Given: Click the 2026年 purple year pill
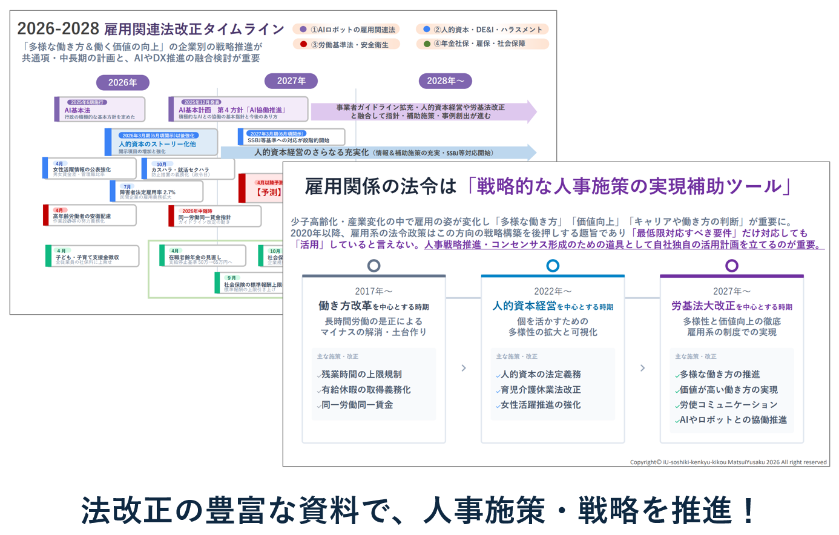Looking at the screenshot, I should [123, 82].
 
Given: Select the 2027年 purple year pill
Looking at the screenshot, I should [292, 81].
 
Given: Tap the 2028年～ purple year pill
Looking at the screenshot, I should [445, 81].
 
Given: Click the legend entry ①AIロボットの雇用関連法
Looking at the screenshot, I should [346, 30].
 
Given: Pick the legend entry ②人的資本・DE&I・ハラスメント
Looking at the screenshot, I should [482, 29].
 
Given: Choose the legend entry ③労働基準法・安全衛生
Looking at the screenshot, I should [346, 44].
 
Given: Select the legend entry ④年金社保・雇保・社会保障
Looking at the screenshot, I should [482, 44].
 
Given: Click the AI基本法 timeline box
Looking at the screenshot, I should [100, 110].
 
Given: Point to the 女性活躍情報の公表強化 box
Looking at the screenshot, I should [90, 169].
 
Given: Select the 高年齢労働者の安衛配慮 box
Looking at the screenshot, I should [90, 215].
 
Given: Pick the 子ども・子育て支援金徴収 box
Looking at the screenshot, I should [92, 256].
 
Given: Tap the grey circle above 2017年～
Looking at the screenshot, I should [374, 266].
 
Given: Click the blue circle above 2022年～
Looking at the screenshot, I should [553, 266].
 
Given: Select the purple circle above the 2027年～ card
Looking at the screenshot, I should [732, 266].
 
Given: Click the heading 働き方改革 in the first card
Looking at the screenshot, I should [345, 306].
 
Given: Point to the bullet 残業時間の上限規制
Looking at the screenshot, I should [361, 375].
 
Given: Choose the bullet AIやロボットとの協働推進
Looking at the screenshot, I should [733, 420].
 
